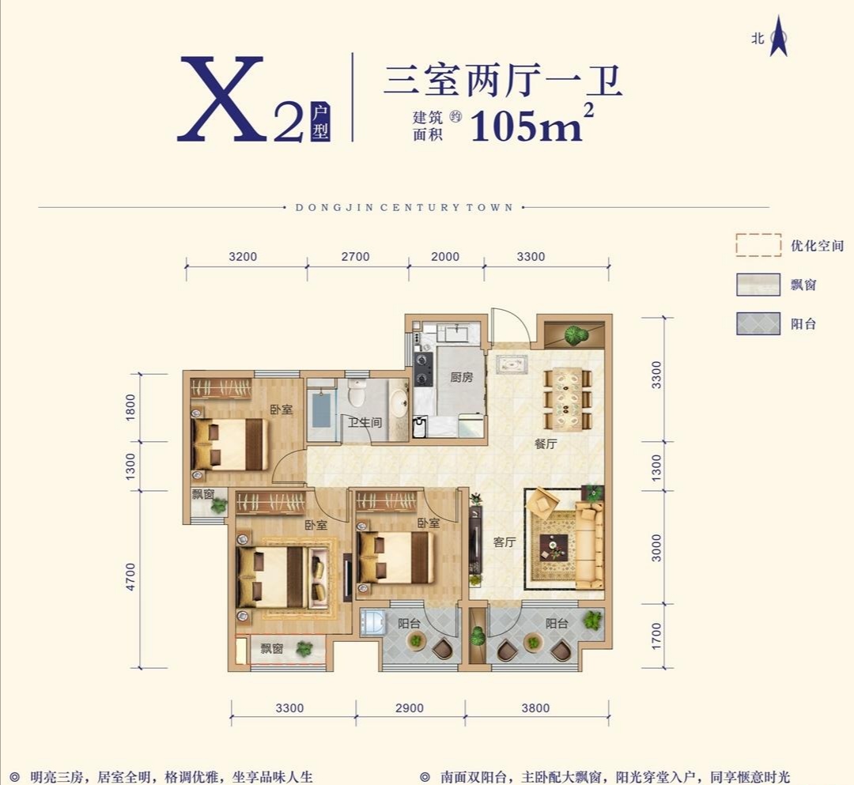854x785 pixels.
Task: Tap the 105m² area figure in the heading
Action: tap(531, 123)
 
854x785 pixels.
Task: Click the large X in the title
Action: tap(221, 99)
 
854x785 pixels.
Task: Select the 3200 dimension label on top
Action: tap(243, 256)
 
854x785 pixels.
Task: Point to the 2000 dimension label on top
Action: tap(445, 256)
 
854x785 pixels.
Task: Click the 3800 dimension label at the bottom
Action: tap(535, 708)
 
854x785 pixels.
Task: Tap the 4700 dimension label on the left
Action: tap(130, 577)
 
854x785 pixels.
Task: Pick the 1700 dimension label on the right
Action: tap(656, 636)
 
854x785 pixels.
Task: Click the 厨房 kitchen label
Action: tap(461, 377)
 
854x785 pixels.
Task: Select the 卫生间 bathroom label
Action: tap(365, 422)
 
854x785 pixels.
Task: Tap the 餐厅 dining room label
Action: tap(545, 443)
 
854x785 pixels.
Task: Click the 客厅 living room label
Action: tap(504, 542)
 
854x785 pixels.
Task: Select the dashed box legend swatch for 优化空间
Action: tap(758, 245)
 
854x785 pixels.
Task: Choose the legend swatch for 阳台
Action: tap(758, 323)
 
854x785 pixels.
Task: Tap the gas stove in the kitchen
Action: tap(423, 368)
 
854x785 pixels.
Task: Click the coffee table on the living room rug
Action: tap(554, 547)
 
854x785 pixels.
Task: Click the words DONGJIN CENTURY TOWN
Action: tap(404, 207)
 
